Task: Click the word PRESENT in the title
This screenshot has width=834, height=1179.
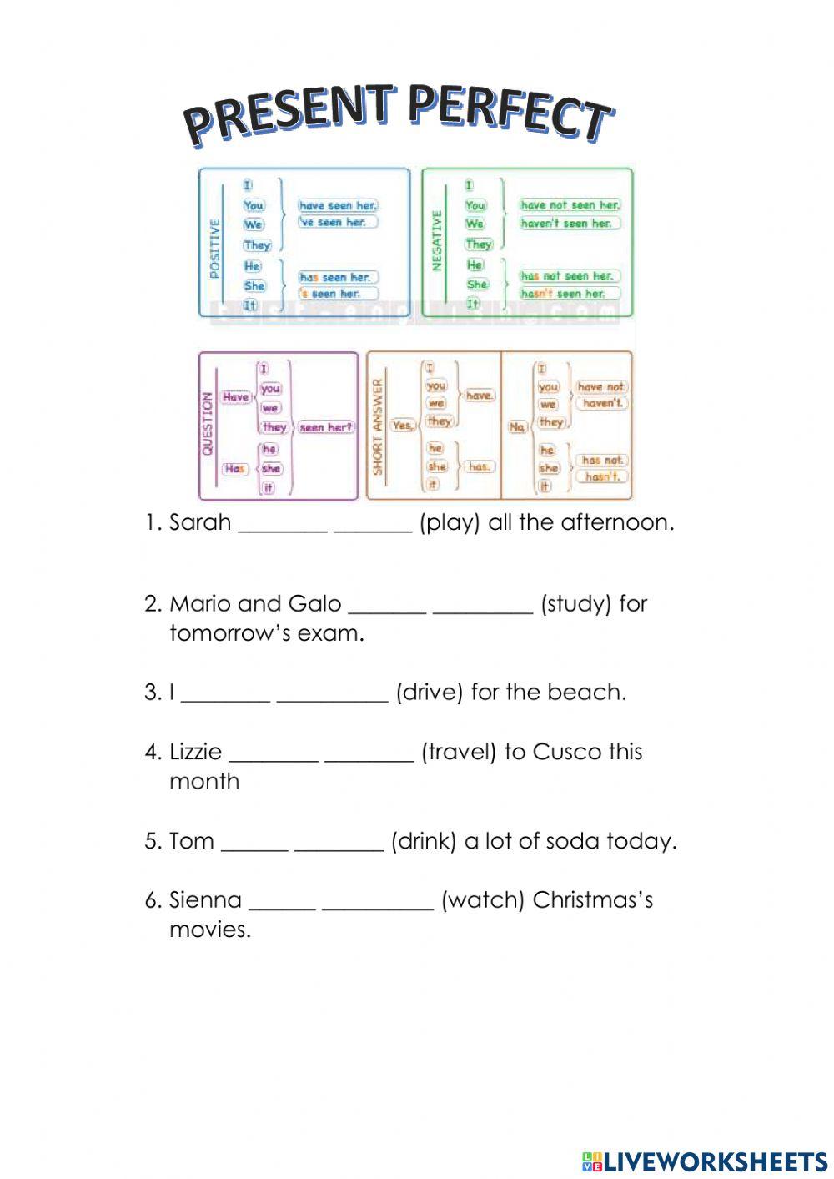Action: point(288,114)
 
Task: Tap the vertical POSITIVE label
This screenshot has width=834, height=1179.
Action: point(214,249)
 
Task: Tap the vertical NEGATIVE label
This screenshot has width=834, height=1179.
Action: point(435,240)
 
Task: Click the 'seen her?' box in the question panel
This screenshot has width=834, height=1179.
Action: point(326,427)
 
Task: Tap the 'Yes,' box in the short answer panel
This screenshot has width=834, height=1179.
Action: point(403,425)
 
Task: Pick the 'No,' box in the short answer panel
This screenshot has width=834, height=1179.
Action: point(518,426)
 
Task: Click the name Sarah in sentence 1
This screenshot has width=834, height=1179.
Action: point(200,523)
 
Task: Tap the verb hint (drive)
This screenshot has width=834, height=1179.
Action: point(429,693)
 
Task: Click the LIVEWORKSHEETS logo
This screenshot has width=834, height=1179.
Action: point(705,1161)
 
